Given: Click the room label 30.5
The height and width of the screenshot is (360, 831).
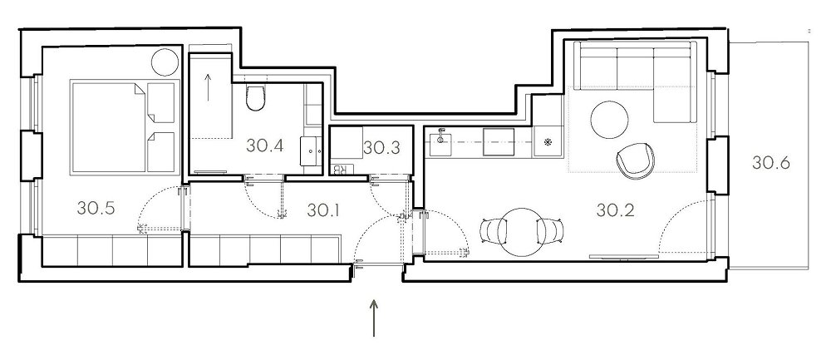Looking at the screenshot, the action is click(x=96, y=208).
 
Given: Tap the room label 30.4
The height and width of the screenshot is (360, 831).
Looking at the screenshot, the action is click(x=264, y=145).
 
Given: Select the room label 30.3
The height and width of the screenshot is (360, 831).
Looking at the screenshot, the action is click(x=381, y=148).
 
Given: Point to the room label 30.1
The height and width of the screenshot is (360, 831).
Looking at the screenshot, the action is click(x=322, y=210).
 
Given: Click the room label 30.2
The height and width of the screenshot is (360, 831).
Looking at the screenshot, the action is click(x=615, y=210).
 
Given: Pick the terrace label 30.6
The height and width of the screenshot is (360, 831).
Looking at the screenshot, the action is click(x=770, y=163).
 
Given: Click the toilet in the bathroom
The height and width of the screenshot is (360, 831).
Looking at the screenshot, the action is click(x=255, y=97).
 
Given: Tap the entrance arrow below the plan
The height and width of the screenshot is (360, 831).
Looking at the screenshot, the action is click(x=374, y=318).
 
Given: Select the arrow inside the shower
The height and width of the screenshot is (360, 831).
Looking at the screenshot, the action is click(x=208, y=87).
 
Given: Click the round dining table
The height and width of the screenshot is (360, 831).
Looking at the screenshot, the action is click(x=522, y=230).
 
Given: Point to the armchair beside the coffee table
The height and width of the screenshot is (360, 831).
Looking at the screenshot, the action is click(x=635, y=160).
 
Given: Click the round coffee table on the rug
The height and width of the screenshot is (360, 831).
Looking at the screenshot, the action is click(x=609, y=120).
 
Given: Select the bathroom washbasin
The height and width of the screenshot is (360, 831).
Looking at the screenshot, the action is click(x=311, y=151).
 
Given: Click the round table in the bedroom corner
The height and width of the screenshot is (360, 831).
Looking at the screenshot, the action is click(x=165, y=62).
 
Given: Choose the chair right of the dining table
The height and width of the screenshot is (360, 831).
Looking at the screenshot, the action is click(x=549, y=230).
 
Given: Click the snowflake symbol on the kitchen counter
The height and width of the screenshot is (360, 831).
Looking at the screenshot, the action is click(x=548, y=142).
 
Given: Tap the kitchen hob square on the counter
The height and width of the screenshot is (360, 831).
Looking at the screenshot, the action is click(x=499, y=142).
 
